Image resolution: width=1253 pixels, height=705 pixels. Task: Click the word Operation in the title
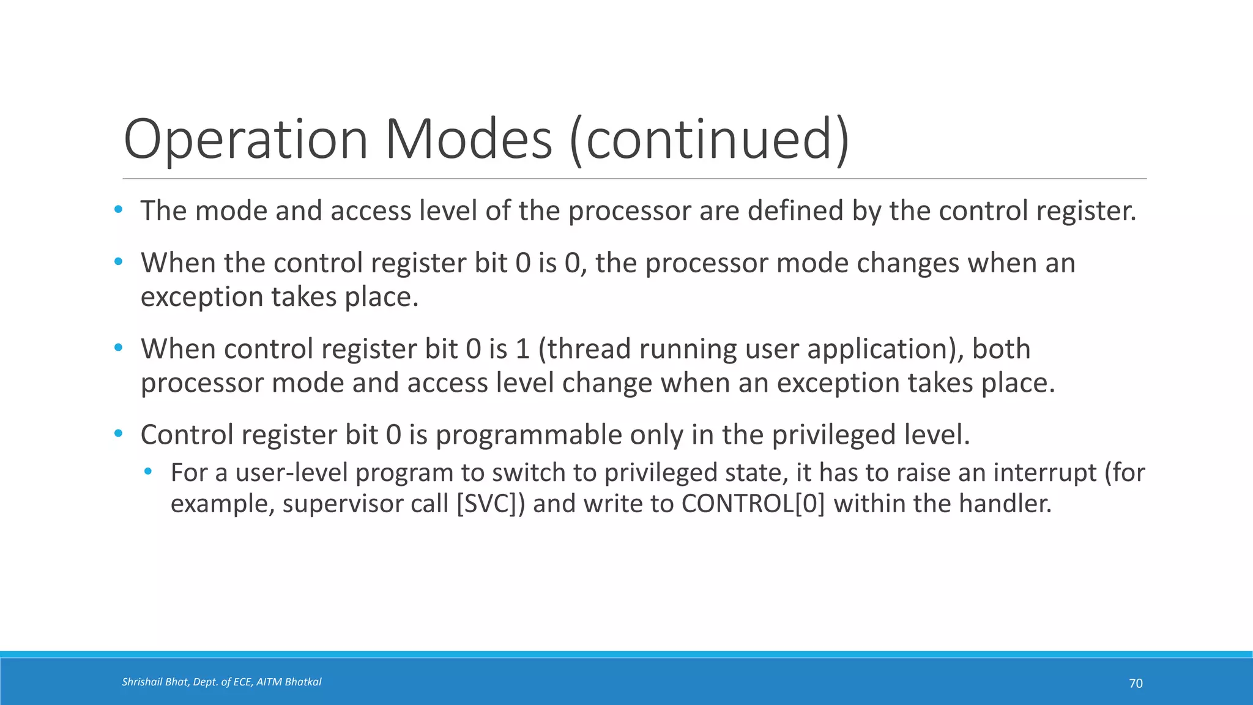tap(245, 140)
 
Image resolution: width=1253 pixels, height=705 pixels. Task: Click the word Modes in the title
tap(468, 140)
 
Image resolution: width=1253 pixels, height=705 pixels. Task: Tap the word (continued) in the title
tap(710, 140)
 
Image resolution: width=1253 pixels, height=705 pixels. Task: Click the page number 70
tap(1136, 684)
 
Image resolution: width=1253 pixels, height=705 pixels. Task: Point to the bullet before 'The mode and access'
tap(118, 210)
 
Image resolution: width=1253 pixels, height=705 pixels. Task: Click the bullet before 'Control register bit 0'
tap(118, 434)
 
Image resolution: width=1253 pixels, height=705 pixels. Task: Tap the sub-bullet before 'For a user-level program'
tap(147, 471)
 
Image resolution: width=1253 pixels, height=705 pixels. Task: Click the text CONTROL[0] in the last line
tap(753, 504)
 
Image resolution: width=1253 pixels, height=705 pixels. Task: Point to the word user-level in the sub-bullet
tap(291, 472)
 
